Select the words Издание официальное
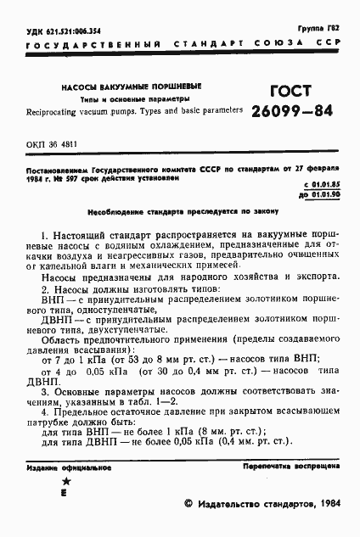[58, 467]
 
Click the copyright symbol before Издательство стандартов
[189, 504]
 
